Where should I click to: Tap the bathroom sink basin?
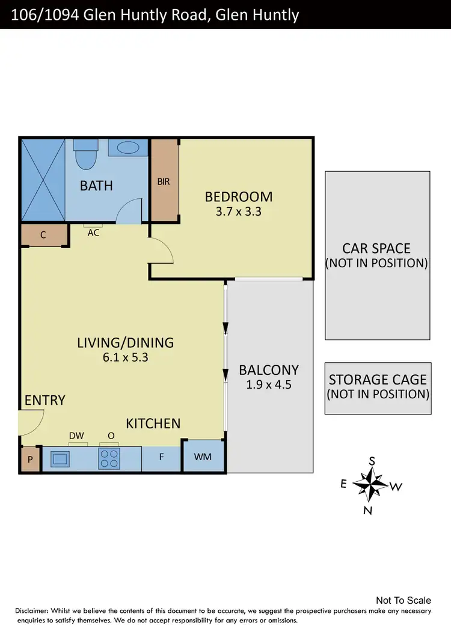(127, 148)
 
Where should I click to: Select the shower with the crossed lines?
(43, 180)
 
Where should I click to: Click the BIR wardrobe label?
(164, 181)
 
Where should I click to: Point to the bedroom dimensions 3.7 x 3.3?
(238, 211)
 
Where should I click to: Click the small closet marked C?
(43, 235)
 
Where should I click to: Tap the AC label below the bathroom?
(93, 233)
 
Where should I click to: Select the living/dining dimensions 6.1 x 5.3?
(125, 357)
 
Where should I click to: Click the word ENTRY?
(45, 400)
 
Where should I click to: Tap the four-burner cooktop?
(109, 460)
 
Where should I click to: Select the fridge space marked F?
(161, 457)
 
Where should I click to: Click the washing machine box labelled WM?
(203, 457)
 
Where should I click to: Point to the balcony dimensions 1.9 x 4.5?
(269, 385)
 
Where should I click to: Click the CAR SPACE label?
(376, 248)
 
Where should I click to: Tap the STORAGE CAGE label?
(378, 380)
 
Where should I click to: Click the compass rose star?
(372, 483)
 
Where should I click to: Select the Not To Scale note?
(403, 600)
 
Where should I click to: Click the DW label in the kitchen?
(76, 436)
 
